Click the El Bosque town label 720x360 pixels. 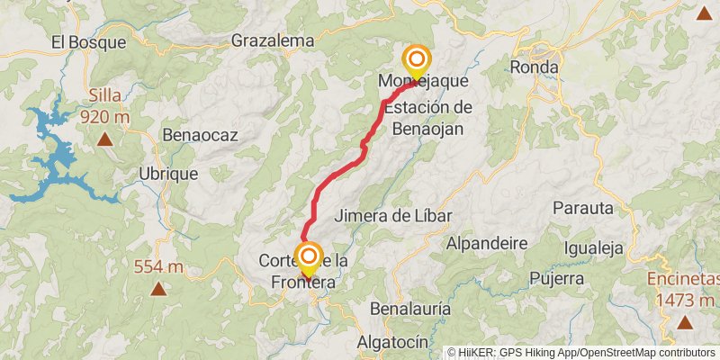pyautogui.click(x=81, y=41)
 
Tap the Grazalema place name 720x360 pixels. pyautogui.click(x=273, y=40)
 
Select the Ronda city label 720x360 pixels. pyautogui.click(x=534, y=67)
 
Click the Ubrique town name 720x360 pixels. pyautogui.click(x=166, y=174)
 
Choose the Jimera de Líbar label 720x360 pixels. pyautogui.click(x=392, y=216)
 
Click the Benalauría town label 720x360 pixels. pyautogui.click(x=410, y=309)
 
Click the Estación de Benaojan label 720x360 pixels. pyautogui.click(x=427, y=117)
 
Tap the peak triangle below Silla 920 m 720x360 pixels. pyautogui.click(x=106, y=139)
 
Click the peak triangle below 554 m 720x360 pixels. pyautogui.click(x=158, y=289)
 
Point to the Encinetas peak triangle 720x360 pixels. pyautogui.click(x=684, y=322)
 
